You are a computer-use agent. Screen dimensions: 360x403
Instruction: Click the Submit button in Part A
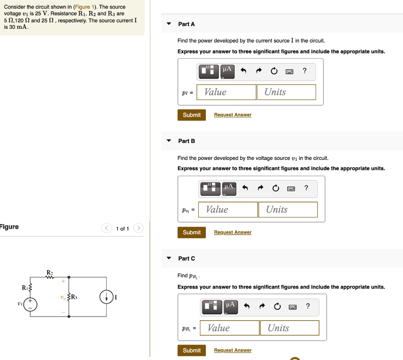(x=192, y=115)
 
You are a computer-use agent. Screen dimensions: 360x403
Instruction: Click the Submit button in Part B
(x=192, y=232)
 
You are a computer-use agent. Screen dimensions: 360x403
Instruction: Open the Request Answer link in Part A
(x=233, y=115)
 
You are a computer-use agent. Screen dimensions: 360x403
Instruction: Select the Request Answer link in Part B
(x=233, y=232)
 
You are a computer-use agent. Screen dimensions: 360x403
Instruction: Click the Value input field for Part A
(x=226, y=92)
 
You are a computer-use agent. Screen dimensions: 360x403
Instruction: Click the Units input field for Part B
(x=288, y=210)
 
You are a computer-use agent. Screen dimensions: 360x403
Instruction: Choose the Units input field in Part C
(x=289, y=328)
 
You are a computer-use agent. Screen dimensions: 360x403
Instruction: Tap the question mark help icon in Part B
(x=306, y=188)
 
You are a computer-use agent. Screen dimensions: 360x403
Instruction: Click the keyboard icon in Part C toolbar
(x=293, y=307)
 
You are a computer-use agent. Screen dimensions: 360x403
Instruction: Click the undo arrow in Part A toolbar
(x=243, y=71)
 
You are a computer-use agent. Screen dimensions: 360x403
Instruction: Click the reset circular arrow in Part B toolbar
(x=275, y=188)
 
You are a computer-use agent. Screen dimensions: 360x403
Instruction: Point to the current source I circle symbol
(x=106, y=297)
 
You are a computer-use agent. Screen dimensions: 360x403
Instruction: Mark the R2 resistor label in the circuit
(x=50, y=273)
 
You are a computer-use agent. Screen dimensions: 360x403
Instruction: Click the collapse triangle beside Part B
(x=169, y=141)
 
